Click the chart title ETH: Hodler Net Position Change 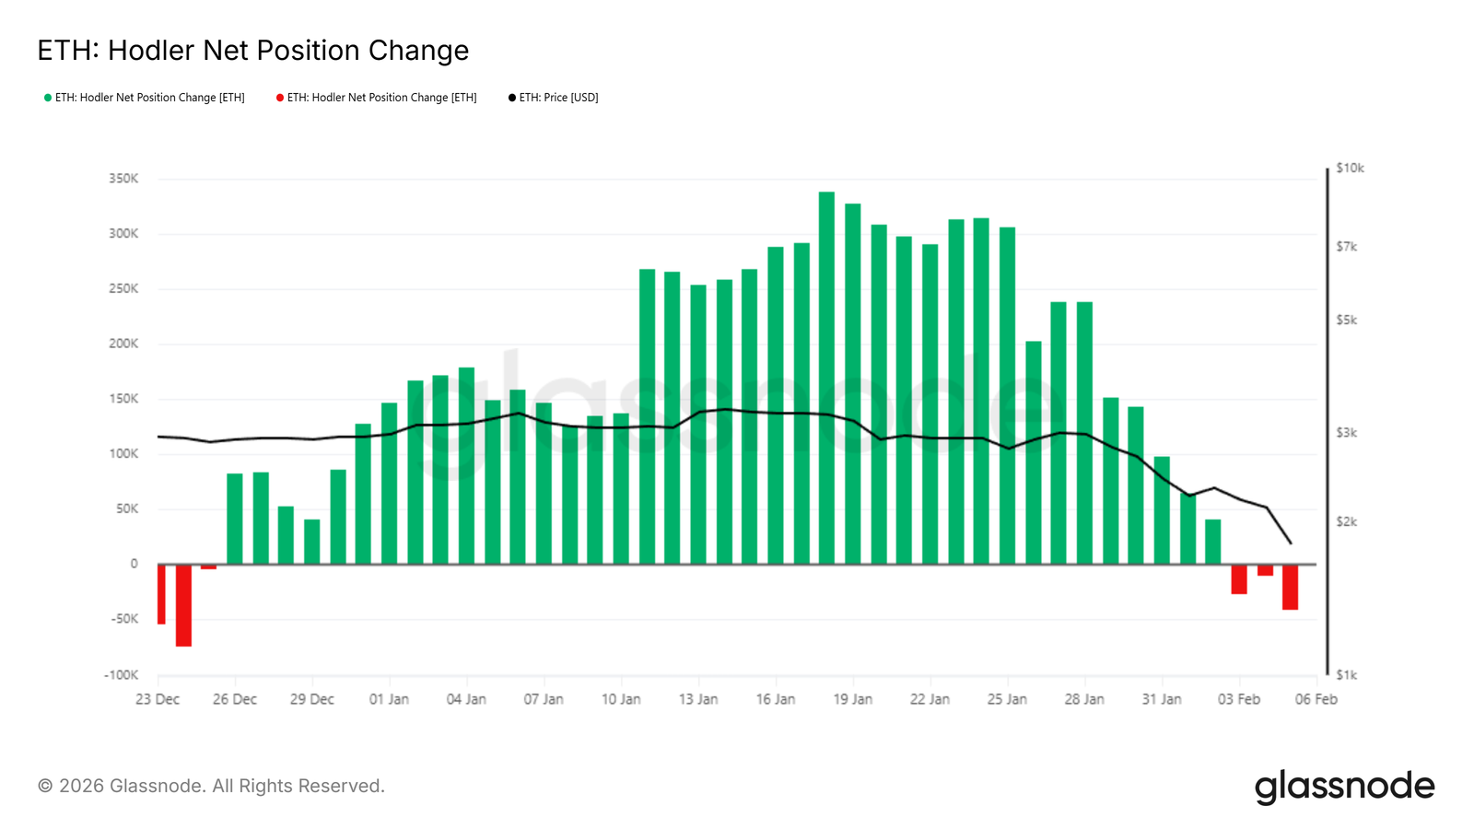pos(252,51)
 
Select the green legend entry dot pos(48,98)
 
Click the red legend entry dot pos(280,98)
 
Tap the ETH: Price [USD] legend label pos(558,98)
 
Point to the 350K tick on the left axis pos(123,179)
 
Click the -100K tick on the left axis pos(122,675)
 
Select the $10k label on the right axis pos(1350,169)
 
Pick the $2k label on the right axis pos(1346,522)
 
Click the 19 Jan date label pos(852,700)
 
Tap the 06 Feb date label pos(1316,700)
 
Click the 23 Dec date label pos(158,700)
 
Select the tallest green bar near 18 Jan pos(826,378)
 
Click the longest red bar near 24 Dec pos(183,605)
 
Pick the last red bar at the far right pos(1290,587)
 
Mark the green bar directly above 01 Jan pos(389,484)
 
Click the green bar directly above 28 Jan pos(1084,433)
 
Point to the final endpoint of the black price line pos(1291,543)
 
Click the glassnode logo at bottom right pos(1344,787)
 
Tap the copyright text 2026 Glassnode pos(211,787)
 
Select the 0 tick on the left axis pos(135,565)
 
